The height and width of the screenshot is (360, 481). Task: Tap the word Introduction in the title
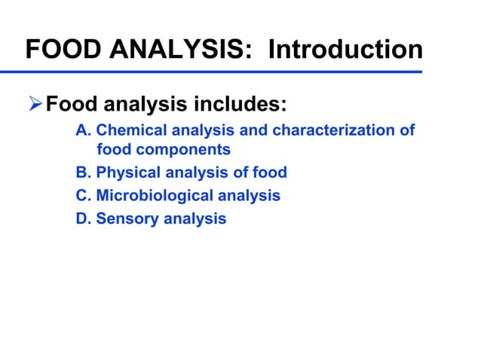pos(345,50)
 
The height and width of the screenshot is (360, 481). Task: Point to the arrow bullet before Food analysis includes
pos(35,102)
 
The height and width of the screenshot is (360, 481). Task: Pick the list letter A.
pos(84,130)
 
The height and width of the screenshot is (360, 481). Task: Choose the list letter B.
pos(84,172)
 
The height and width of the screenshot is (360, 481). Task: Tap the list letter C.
pos(84,196)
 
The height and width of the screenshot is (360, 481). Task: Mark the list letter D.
pos(84,219)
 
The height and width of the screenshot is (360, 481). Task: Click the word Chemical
pos(128,130)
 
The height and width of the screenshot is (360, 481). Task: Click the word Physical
pos(125,172)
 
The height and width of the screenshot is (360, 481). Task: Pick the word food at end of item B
pos(270,172)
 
